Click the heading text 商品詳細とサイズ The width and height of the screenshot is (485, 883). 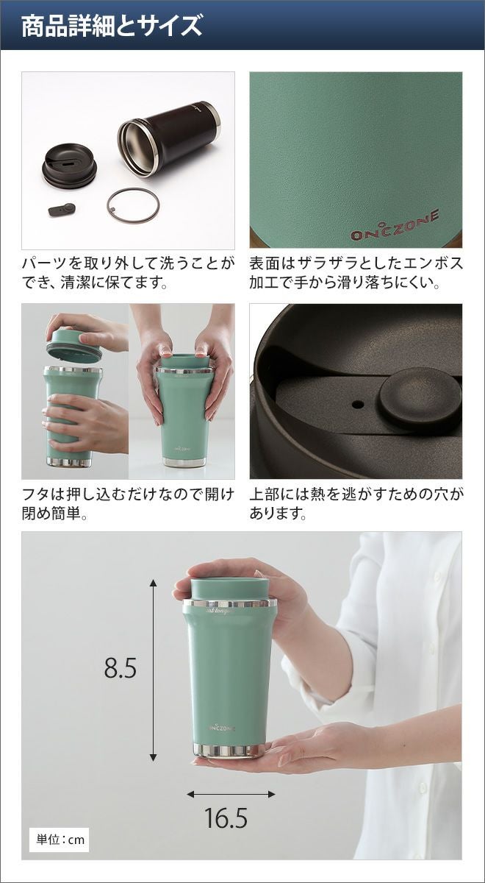(112, 26)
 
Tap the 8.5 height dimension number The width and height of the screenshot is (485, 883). (121, 667)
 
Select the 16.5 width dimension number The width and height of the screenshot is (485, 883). (226, 815)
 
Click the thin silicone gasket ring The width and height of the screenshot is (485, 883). (133, 205)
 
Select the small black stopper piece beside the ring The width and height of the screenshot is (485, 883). (62, 209)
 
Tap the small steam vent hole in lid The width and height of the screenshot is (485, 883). (357, 404)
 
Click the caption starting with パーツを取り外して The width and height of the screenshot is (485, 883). (128, 272)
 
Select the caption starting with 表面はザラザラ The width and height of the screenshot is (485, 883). (356, 272)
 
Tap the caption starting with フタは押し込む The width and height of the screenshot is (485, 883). (128, 504)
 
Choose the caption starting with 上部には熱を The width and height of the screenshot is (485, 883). (356, 504)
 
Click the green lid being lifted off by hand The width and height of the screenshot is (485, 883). (74, 344)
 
